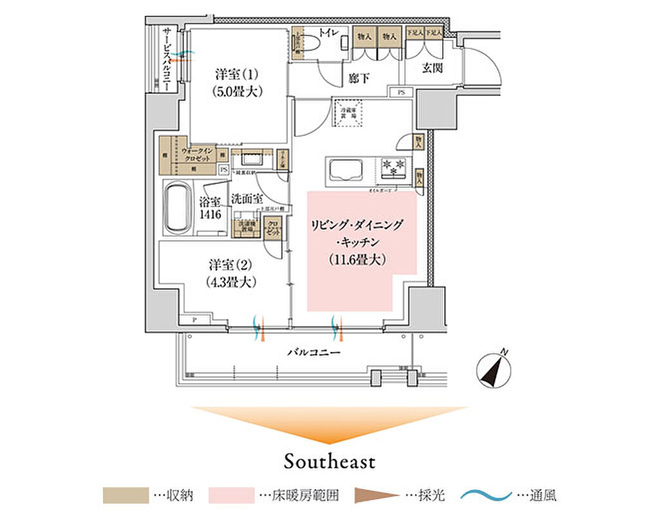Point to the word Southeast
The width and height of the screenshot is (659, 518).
(x=329, y=461)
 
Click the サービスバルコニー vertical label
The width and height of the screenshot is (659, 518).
(x=166, y=57)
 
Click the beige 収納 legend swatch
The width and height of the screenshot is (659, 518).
(x=124, y=496)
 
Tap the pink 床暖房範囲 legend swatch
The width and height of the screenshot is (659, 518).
(x=231, y=496)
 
